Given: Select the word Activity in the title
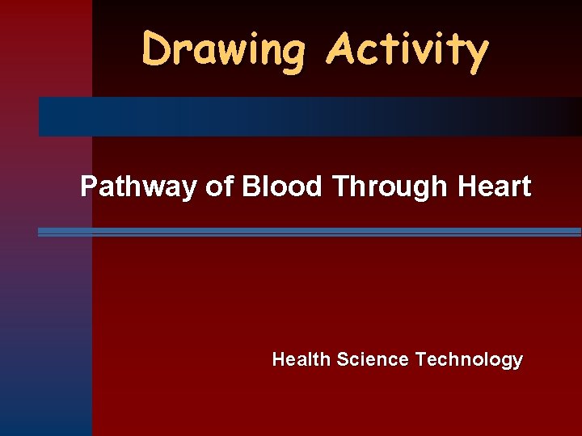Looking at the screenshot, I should coord(407,50).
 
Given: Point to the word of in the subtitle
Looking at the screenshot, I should coord(218,187).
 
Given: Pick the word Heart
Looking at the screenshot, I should coord(494,187).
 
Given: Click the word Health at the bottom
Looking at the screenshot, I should coord(302,359).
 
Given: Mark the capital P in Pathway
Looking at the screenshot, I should coord(89,187).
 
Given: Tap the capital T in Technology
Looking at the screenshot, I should coord(420,359).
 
